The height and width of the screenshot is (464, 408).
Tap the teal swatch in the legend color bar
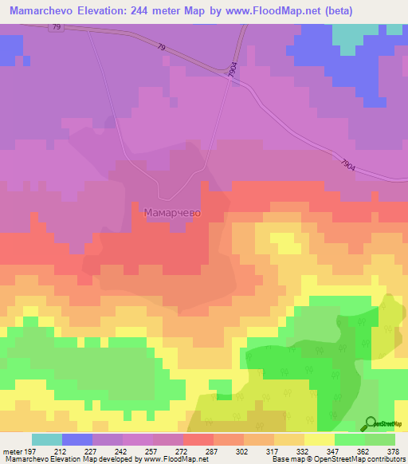coord(46,439)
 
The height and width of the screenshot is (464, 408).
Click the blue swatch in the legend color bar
coord(76,439)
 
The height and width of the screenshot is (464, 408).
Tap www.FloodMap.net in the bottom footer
coord(172,460)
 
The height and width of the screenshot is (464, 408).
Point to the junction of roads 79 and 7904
coord(229,77)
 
